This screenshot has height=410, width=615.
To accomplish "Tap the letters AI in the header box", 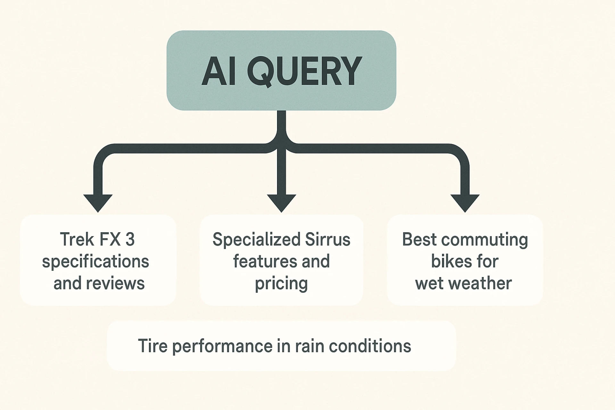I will (x=219, y=71).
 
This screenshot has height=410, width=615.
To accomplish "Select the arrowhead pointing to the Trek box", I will (x=98, y=202).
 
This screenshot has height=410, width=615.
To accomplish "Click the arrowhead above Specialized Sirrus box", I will (x=281, y=202).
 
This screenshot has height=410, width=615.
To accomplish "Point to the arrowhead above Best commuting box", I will (x=465, y=202).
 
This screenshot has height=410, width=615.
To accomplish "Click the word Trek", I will (x=77, y=239).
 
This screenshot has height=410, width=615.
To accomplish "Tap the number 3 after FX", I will (x=130, y=239).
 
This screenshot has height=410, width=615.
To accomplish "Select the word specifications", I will (x=95, y=262).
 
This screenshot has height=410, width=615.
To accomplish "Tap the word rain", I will (x=310, y=346).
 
